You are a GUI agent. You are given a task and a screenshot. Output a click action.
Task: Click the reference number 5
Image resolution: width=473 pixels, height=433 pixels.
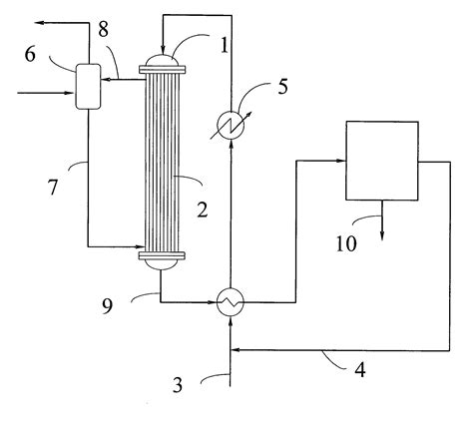(x=282, y=87)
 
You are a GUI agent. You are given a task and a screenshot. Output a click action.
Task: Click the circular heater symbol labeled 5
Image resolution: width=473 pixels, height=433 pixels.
(x=232, y=123)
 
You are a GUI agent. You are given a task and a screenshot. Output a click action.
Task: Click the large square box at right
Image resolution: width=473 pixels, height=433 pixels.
(x=381, y=160)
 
